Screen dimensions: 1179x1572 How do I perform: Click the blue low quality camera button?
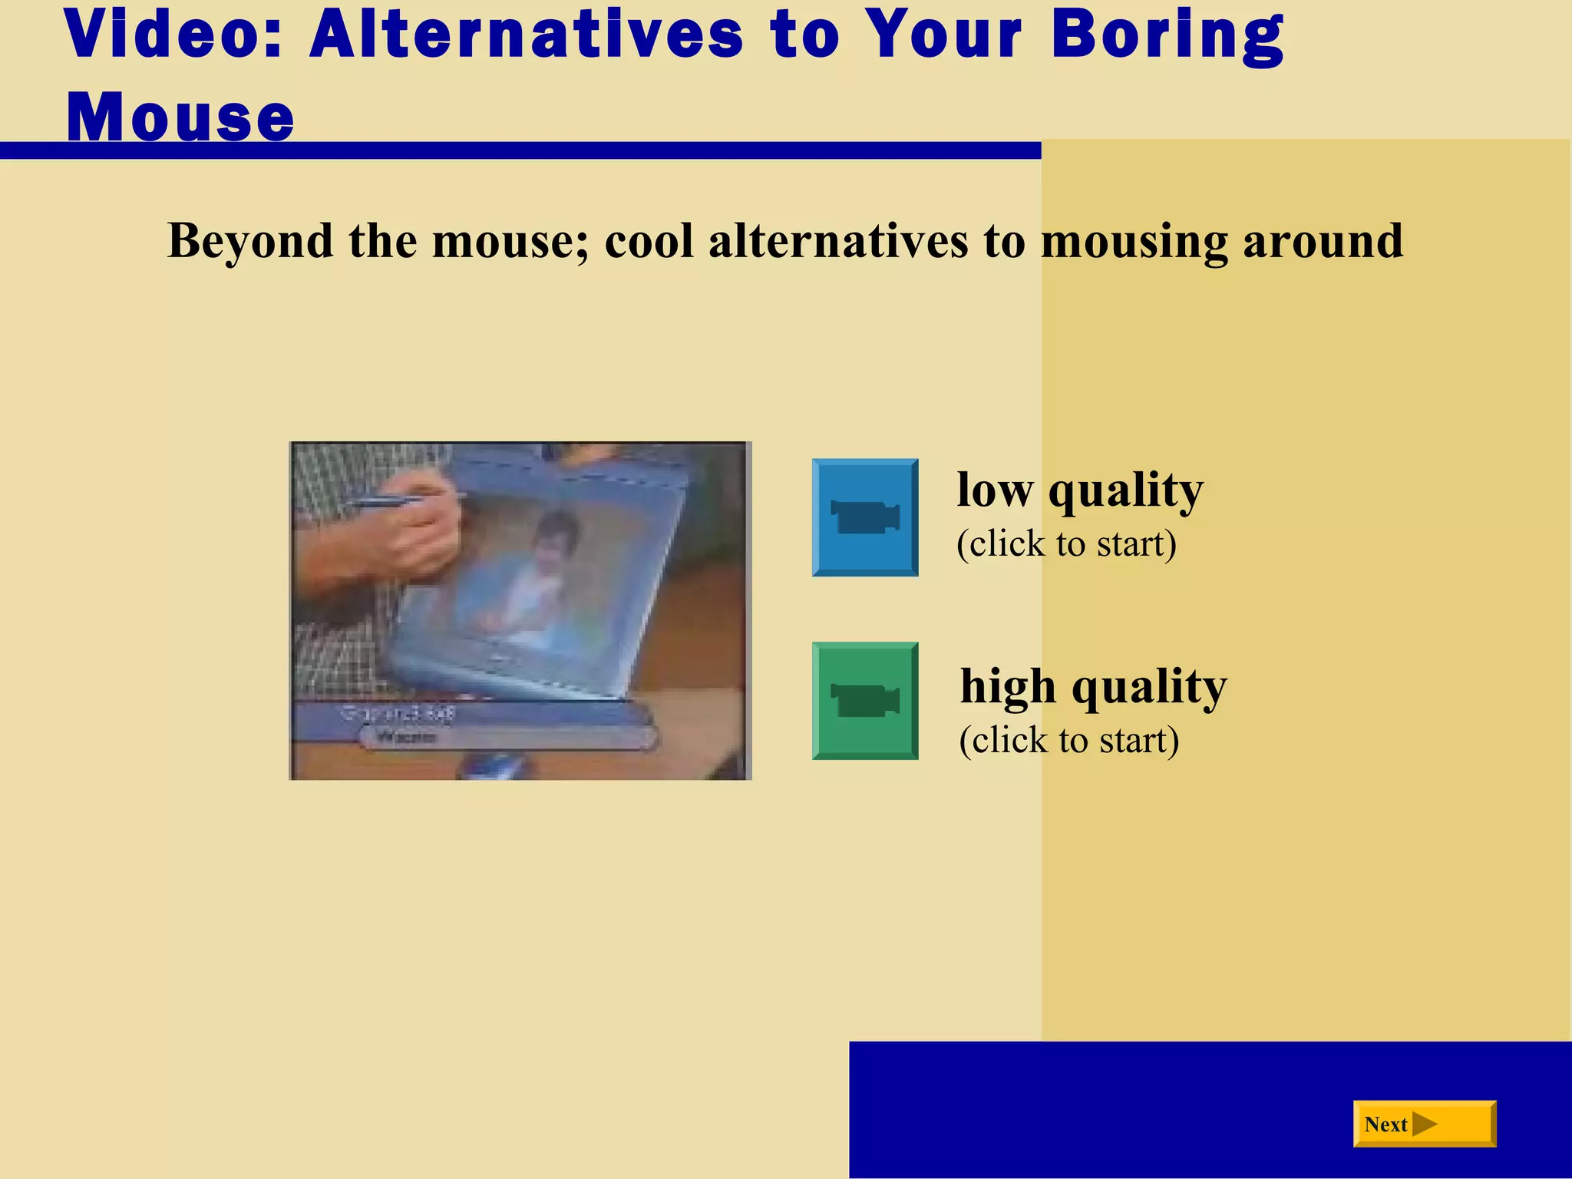click(865, 517)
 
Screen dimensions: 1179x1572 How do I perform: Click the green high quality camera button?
click(865, 701)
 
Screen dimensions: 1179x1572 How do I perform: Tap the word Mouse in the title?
click(181, 117)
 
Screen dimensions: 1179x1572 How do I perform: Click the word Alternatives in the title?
click(527, 35)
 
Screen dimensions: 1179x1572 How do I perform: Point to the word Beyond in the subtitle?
click(250, 240)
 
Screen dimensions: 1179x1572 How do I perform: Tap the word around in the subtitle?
click(1323, 240)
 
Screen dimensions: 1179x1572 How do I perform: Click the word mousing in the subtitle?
click(1134, 242)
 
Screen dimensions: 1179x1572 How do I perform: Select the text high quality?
click(1093, 686)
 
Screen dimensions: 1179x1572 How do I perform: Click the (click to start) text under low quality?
click(1066, 544)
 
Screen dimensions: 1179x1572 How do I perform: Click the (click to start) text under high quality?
click(1069, 741)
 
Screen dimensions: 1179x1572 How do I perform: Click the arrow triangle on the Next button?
click(1424, 1125)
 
